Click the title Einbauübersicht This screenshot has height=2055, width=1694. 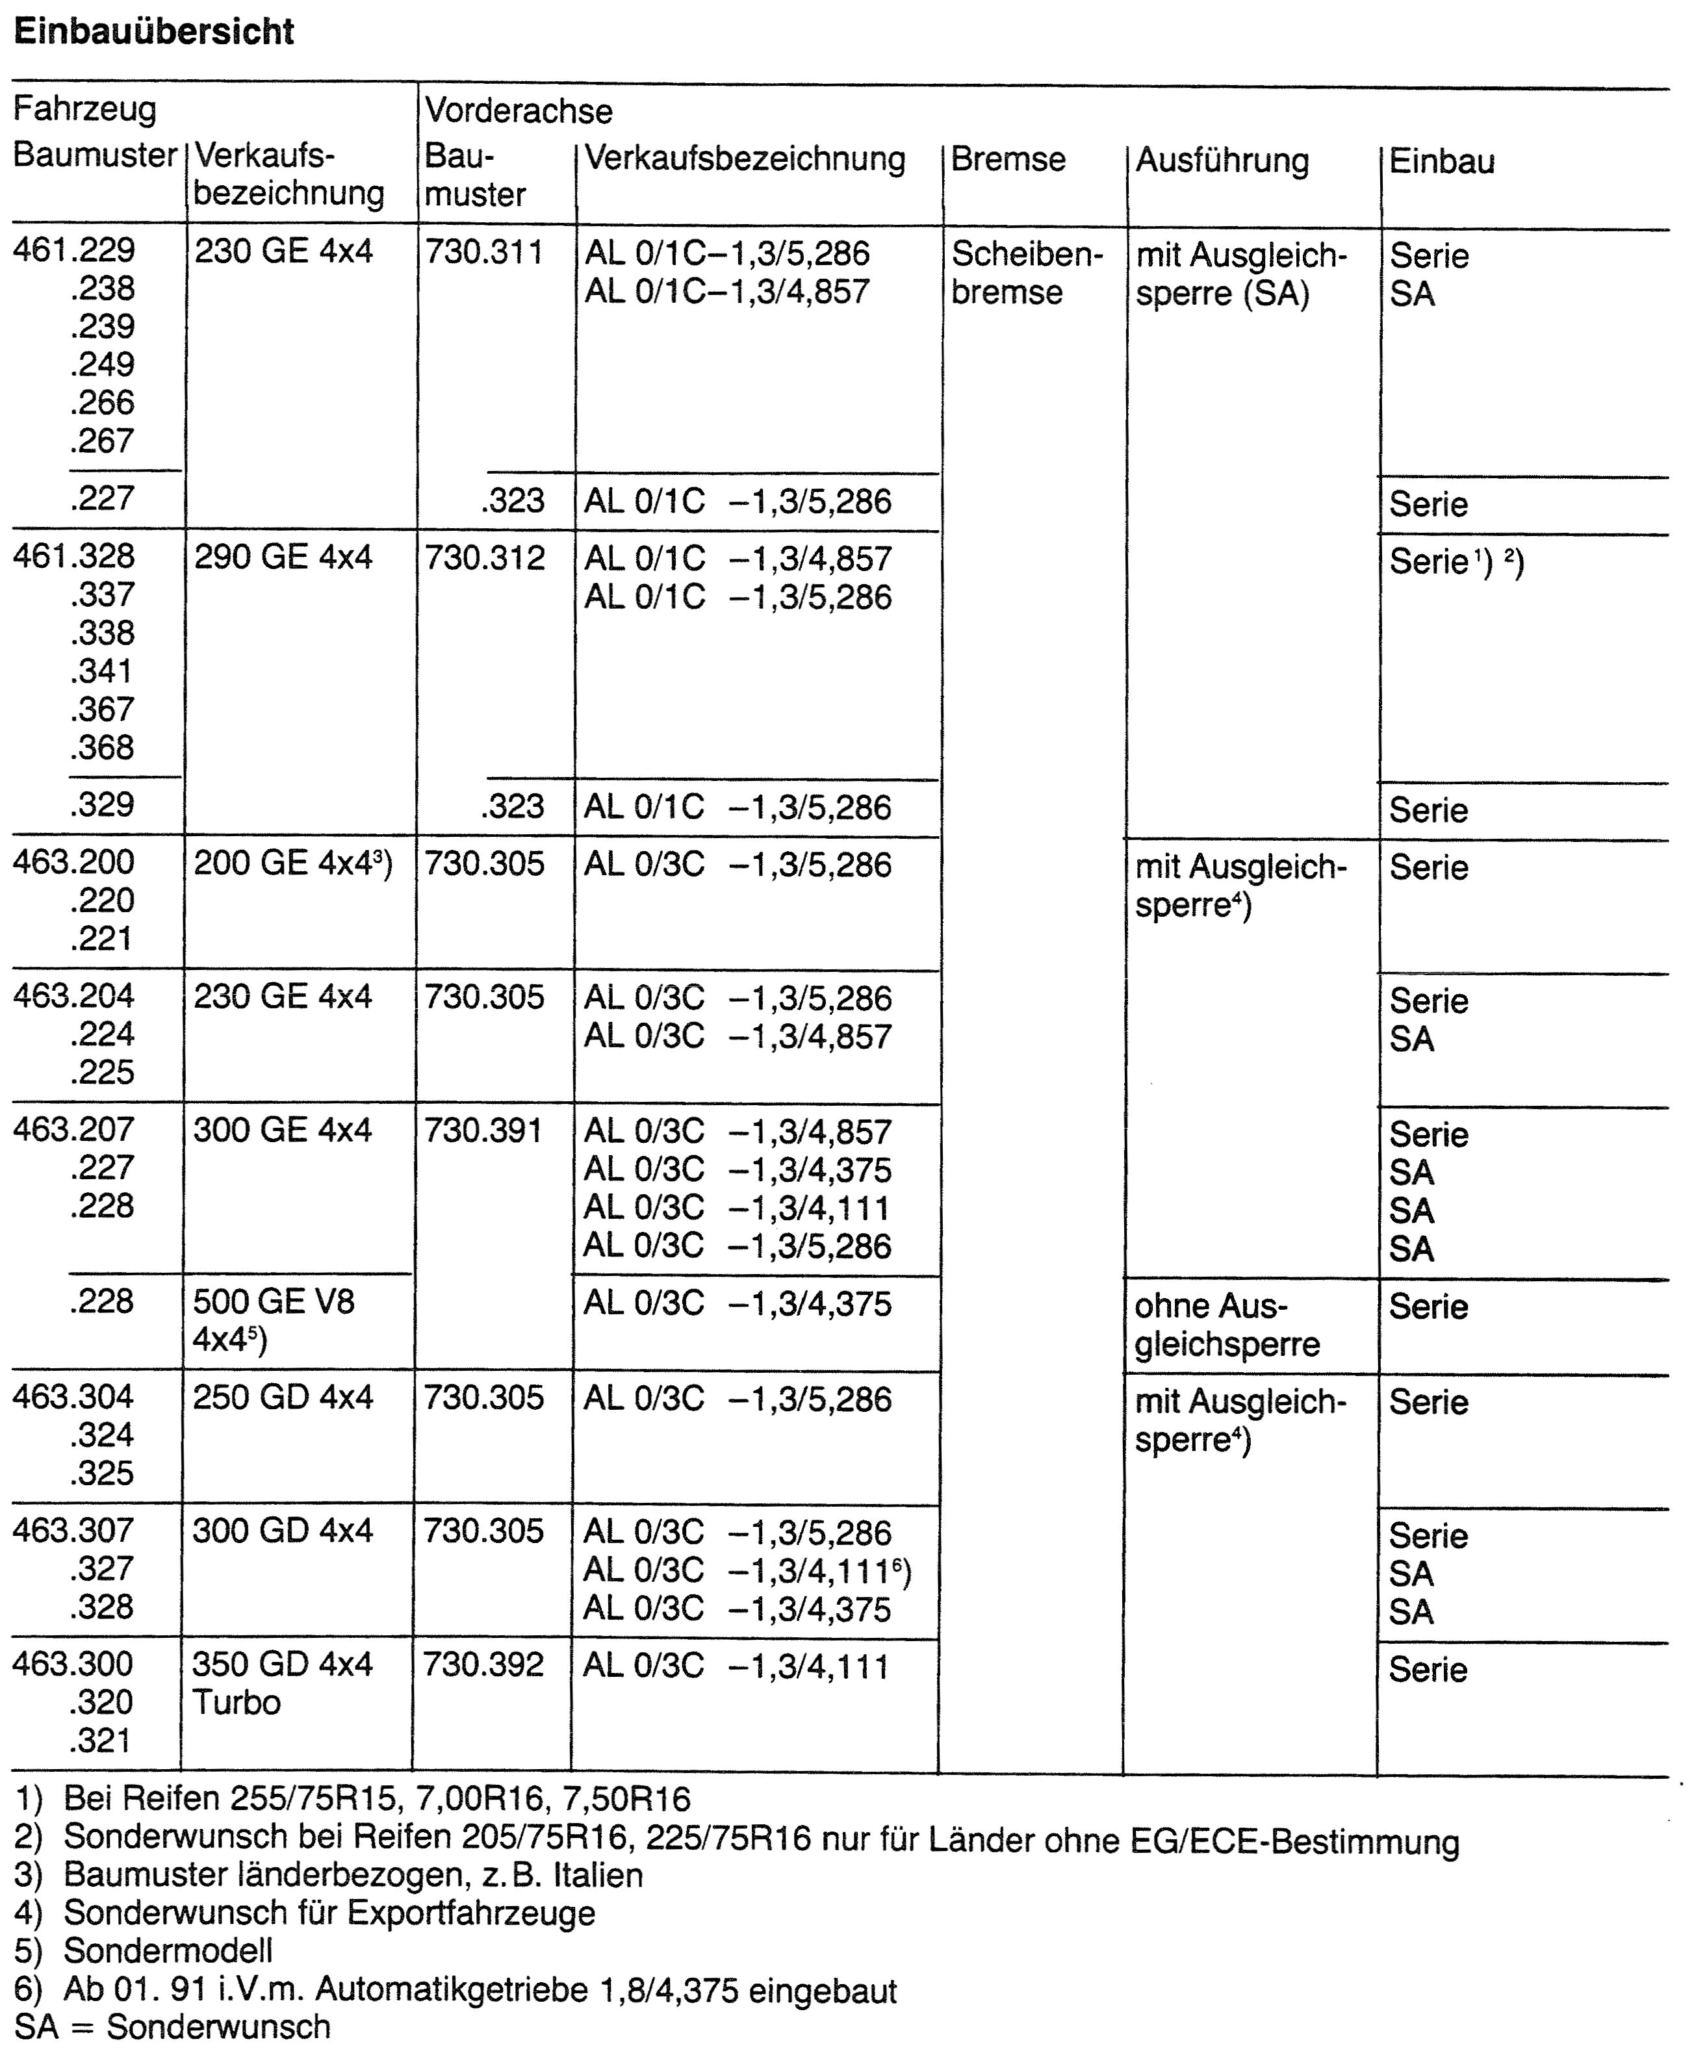click(154, 32)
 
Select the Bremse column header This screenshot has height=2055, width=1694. click(1008, 159)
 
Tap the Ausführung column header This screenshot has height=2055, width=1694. click(1222, 161)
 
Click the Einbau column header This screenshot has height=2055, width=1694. click(1441, 161)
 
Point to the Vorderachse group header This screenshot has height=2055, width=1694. click(518, 111)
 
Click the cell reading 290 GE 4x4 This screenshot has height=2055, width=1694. click(283, 557)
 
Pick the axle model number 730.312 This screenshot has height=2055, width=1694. click(484, 558)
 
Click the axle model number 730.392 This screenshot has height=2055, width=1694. click(482, 1664)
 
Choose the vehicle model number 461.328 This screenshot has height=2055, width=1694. click(74, 556)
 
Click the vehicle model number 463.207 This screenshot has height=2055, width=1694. click(74, 1129)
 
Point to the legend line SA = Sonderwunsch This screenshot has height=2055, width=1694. click(173, 2026)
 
